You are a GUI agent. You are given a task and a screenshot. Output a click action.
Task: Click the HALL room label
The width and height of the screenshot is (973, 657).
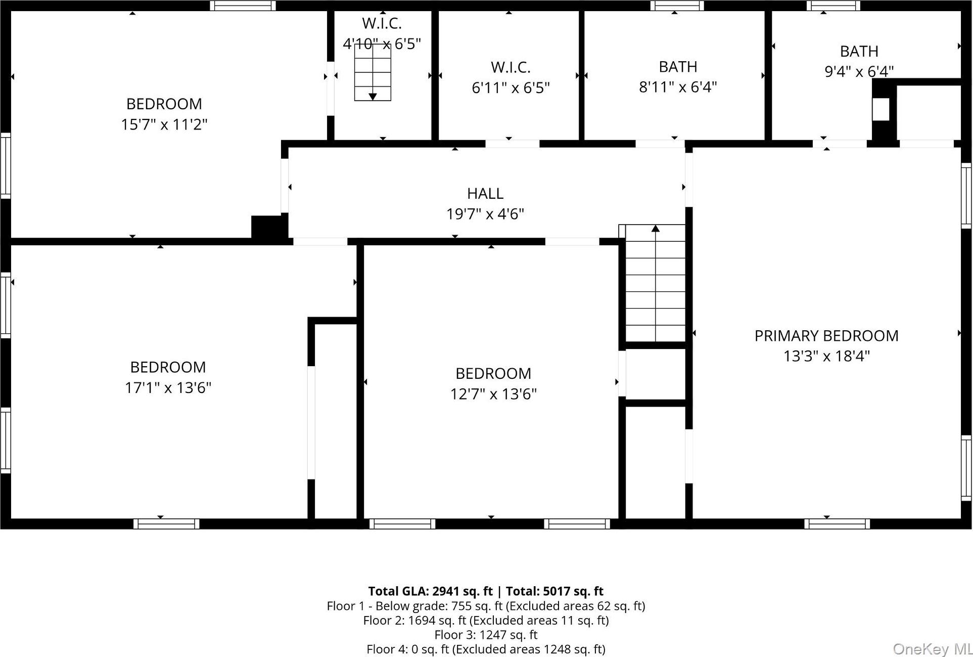click(485, 194)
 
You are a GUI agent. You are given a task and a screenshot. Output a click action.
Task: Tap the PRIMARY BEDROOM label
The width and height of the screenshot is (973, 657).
click(826, 336)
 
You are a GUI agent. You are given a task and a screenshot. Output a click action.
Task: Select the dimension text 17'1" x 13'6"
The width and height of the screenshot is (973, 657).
click(168, 388)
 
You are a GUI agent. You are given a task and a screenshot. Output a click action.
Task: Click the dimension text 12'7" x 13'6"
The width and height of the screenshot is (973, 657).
click(493, 394)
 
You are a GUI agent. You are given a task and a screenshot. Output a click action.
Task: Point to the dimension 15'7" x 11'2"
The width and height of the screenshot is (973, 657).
click(164, 124)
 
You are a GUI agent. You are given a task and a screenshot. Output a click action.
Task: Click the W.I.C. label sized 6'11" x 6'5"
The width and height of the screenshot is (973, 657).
click(510, 67)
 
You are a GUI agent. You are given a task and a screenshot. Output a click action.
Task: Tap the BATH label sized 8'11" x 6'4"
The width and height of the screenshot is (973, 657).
click(677, 67)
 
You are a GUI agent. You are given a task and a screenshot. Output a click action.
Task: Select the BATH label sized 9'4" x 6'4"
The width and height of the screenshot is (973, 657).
click(859, 52)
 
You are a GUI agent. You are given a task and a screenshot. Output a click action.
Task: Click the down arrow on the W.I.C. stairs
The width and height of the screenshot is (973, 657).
click(373, 96)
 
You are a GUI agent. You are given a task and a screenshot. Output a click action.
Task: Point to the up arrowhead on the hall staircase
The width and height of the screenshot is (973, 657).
click(656, 229)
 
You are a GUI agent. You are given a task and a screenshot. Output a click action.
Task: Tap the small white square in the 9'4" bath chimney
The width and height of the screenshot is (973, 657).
click(881, 109)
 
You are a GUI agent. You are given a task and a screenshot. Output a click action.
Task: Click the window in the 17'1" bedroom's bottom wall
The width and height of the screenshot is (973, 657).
click(166, 524)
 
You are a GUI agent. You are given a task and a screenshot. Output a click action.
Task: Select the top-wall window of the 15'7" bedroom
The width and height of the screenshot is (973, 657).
click(243, 6)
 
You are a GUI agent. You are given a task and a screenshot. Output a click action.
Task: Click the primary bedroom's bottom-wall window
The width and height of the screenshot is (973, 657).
click(837, 524)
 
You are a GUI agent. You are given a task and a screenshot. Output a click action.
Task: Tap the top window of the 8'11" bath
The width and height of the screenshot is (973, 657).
click(677, 6)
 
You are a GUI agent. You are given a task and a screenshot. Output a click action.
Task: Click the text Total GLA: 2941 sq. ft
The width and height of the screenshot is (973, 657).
click(430, 591)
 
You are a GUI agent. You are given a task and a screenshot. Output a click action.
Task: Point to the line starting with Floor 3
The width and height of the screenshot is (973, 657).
click(485, 635)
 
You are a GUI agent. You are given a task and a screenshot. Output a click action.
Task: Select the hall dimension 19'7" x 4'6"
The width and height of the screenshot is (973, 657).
click(485, 214)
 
